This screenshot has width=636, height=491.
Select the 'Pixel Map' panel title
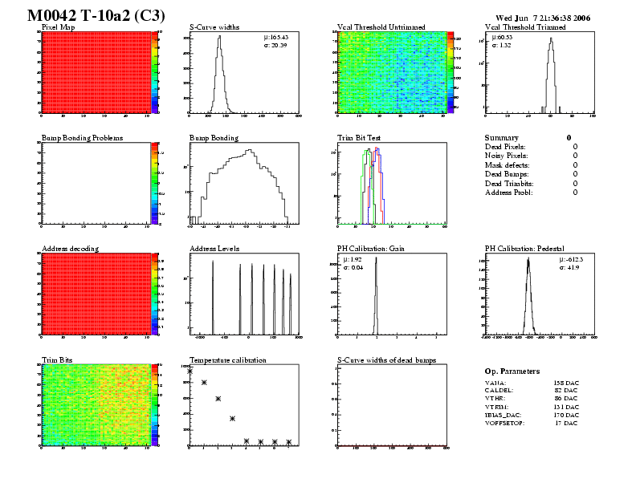coord(58,27)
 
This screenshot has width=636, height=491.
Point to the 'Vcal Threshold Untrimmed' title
coord(381,27)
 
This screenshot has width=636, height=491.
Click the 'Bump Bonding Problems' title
coord(81,138)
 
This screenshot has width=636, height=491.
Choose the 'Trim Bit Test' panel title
coord(358,138)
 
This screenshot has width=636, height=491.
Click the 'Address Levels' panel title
coord(214,249)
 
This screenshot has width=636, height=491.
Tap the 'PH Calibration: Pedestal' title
coord(525,249)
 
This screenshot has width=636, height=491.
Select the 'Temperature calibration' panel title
coord(227,360)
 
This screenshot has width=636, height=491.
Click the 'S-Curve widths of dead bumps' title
coord(386,360)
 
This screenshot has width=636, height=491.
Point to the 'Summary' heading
coord(502,138)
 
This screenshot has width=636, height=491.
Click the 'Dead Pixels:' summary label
coord(505,147)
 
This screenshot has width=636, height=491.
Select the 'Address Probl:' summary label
coord(509,193)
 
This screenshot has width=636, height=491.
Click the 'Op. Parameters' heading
coord(512,371)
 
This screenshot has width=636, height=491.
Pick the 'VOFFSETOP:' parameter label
coord(505,423)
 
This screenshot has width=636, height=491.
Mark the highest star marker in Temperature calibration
coord(190,371)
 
